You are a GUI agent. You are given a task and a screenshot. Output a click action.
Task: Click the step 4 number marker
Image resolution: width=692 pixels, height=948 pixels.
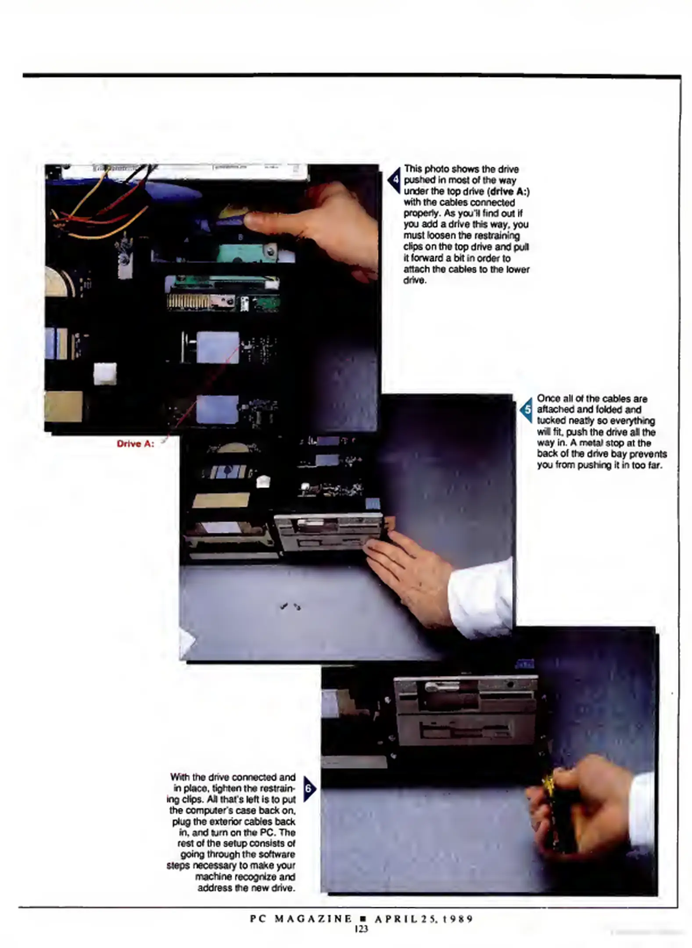pyautogui.click(x=394, y=180)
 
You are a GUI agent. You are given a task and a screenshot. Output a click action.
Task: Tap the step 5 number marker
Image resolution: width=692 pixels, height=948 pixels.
pyautogui.click(x=527, y=409)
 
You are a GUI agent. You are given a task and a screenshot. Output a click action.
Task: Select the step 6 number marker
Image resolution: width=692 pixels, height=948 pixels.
pyautogui.click(x=308, y=789)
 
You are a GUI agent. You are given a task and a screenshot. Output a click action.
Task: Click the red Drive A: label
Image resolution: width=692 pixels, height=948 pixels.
pyautogui.click(x=135, y=444)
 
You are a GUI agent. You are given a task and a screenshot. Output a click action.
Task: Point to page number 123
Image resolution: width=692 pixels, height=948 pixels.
pyautogui.click(x=361, y=929)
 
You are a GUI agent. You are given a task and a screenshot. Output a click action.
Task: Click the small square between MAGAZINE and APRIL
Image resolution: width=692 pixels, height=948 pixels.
pyautogui.click(x=362, y=919)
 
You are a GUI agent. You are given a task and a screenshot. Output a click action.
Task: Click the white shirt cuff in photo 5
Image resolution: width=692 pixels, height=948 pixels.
pyautogui.click(x=480, y=592)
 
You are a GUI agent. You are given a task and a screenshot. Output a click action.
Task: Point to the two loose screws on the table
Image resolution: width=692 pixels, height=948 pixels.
pyautogui.click(x=290, y=607)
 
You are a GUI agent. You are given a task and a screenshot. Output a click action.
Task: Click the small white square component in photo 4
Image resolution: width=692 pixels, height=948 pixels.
pyautogui.click(x=105, y=373)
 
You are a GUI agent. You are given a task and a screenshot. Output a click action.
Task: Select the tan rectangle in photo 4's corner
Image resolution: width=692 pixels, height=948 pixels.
pyautogui.click(x=64, y=406)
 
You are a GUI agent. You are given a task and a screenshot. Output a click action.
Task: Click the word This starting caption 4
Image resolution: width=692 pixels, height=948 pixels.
pyautogui.click(x=413, y=169)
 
